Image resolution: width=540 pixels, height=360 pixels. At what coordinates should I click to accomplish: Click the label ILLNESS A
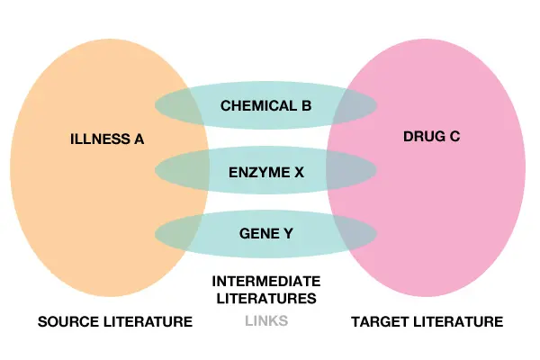coord(107,139)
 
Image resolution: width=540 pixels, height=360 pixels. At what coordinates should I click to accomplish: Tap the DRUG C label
coord(431,137)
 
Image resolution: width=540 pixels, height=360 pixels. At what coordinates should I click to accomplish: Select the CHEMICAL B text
coord(265,106)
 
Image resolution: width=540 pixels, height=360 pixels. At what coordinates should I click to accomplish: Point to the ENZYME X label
coord(266,172)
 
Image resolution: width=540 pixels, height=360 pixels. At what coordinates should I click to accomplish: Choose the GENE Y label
coord(266,234)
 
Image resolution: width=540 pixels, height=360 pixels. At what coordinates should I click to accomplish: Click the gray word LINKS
coord(266,321)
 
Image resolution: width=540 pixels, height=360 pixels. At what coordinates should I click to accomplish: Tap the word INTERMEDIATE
coord(266,282)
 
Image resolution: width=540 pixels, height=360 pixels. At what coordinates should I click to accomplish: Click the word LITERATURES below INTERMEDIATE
coord(266,298)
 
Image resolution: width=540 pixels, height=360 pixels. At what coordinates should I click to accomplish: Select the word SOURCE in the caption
coord(67,322)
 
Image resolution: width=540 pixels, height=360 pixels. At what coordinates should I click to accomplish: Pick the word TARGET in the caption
coord(380,322)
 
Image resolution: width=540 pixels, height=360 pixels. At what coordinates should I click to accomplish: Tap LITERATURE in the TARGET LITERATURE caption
coord(458,322)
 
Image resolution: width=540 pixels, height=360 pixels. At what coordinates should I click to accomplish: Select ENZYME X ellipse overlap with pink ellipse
coord(351,170)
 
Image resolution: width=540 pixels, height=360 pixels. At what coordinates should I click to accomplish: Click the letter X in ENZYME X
coord(299,172)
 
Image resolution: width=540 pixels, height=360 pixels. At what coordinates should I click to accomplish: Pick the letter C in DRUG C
coord(454,137)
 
